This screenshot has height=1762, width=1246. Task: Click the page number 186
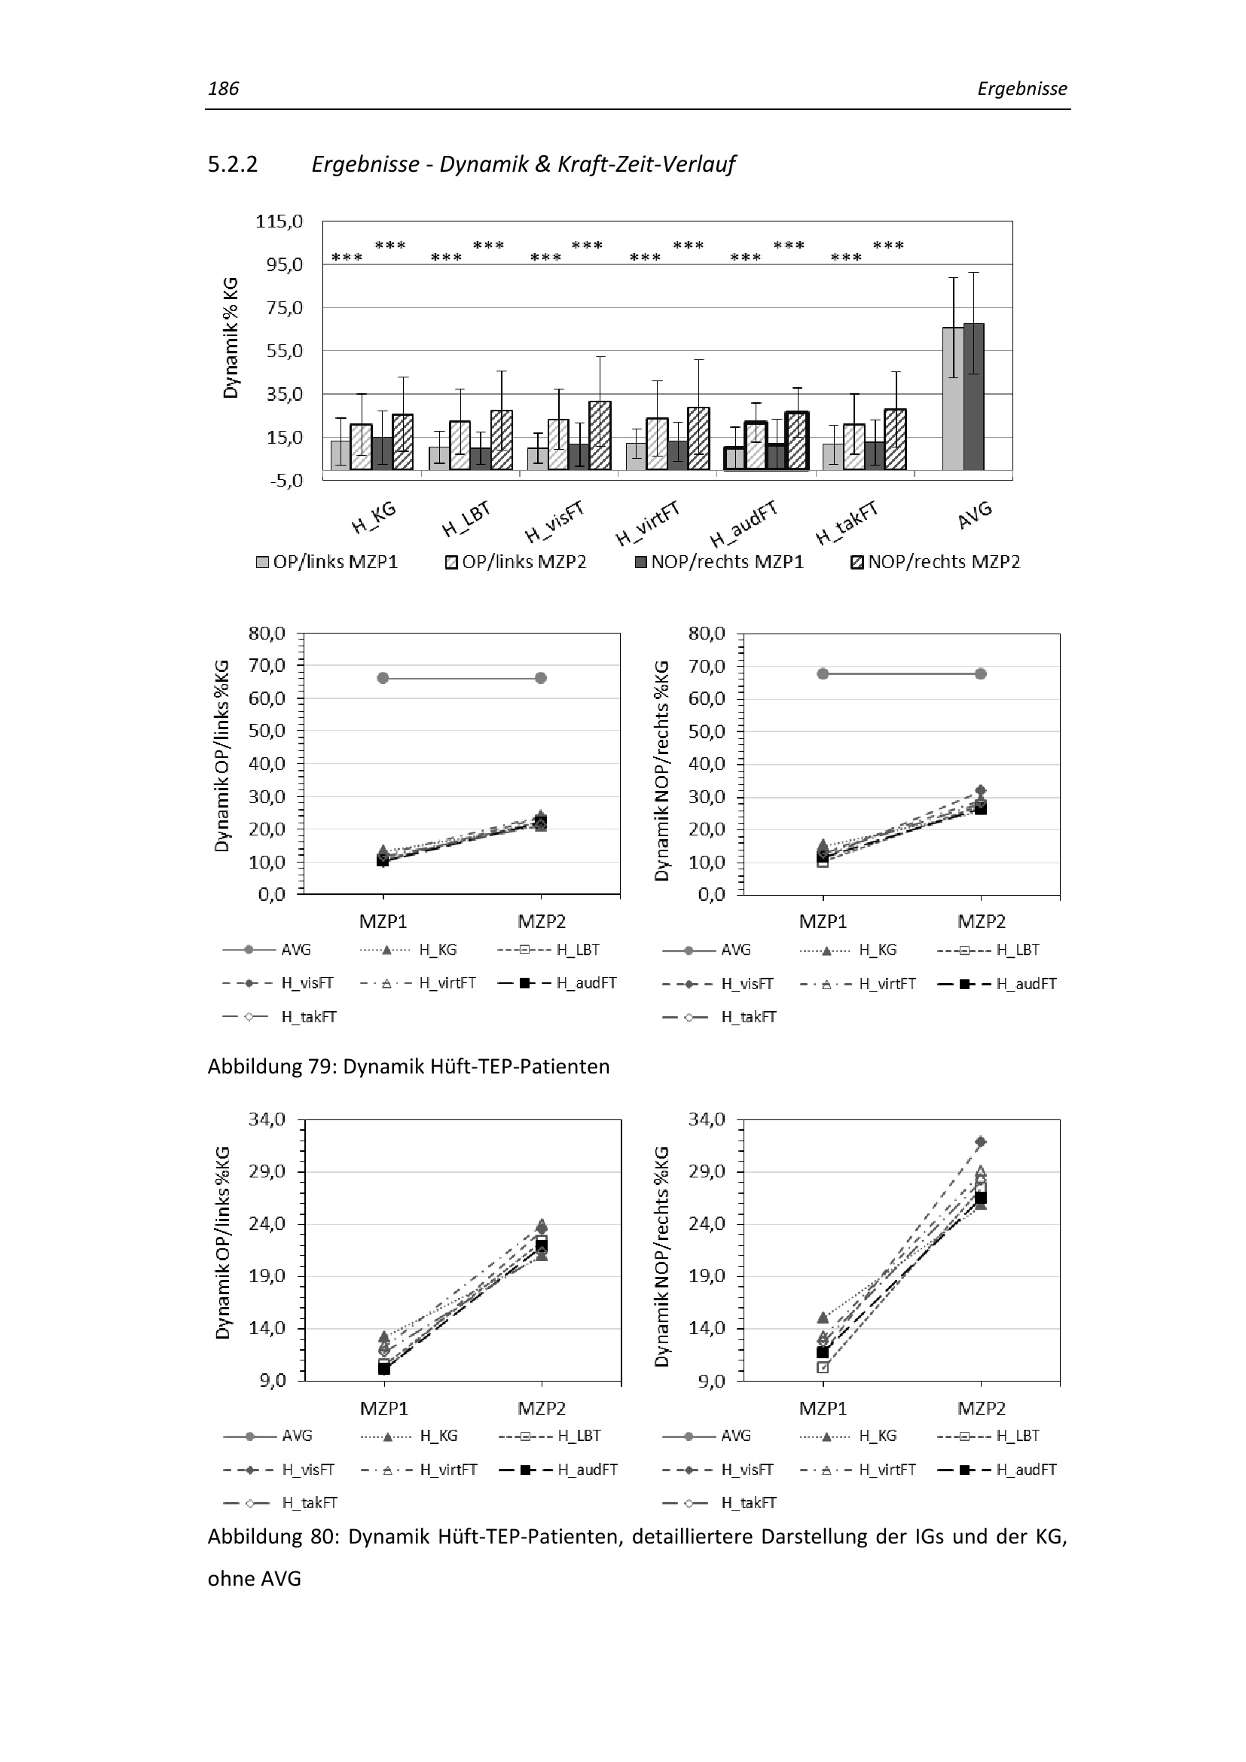pyautogui.click(x=223, y=89)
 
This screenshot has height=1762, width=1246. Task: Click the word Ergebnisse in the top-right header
pyautogui.click(x=1022, y=89)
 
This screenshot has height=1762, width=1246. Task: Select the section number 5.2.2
pyautogui.click(x=233, y=164)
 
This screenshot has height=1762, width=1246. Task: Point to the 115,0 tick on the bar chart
pyautogui.click(x=279, y=221)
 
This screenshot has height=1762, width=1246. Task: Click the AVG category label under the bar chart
pyautogui.click(x=975, y=515)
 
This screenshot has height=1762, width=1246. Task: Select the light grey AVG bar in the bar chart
pyautogui.click(x=953, y=399)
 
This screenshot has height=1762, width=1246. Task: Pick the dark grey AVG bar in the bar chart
pyautogui.click(x=973, y=396)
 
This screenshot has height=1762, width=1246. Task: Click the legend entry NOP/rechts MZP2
pyautogui.click(x=936, y=562)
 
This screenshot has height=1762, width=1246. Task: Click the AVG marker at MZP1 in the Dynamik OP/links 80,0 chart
pyautogui.click(x=383, y=678)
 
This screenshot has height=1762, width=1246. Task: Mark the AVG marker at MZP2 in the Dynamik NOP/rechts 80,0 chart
pyautogui.click(x=981, y=673)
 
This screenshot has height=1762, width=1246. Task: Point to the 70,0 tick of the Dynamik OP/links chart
pyautogui.click(x=267, y=665)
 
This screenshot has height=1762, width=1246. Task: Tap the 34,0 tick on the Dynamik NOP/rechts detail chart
pyautogui.click(x=707, y=1119)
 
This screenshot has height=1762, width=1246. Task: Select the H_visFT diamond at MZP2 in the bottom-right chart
pyautogui.click(x=981, y=1142)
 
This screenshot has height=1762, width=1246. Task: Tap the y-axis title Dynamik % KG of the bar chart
pyautogui.click(x=231, y=338)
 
